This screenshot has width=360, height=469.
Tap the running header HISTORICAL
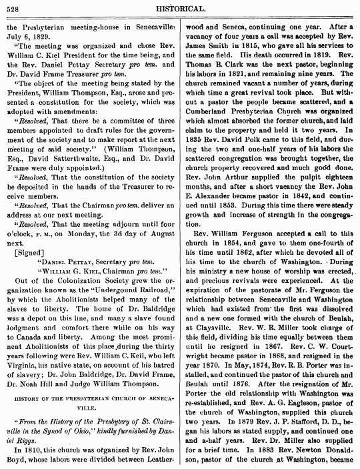pyautogui.click(x=182, y=7)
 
